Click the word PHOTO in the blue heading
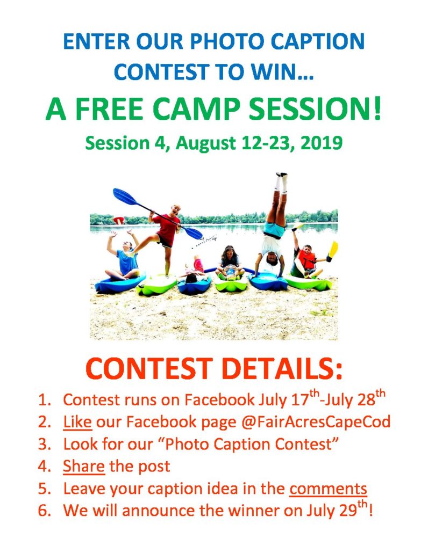point(229,41)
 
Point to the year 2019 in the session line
point(322,143)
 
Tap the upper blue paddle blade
point(124,196)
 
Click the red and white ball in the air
point(118,220)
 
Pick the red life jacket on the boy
point(306,260)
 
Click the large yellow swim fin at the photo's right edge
point(333,250)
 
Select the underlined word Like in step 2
point(77,422)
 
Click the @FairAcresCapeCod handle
point(316,422)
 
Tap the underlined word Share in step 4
point(84,466)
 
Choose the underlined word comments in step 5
point(328,489)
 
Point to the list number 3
point(44,445)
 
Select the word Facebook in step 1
point(219,399)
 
